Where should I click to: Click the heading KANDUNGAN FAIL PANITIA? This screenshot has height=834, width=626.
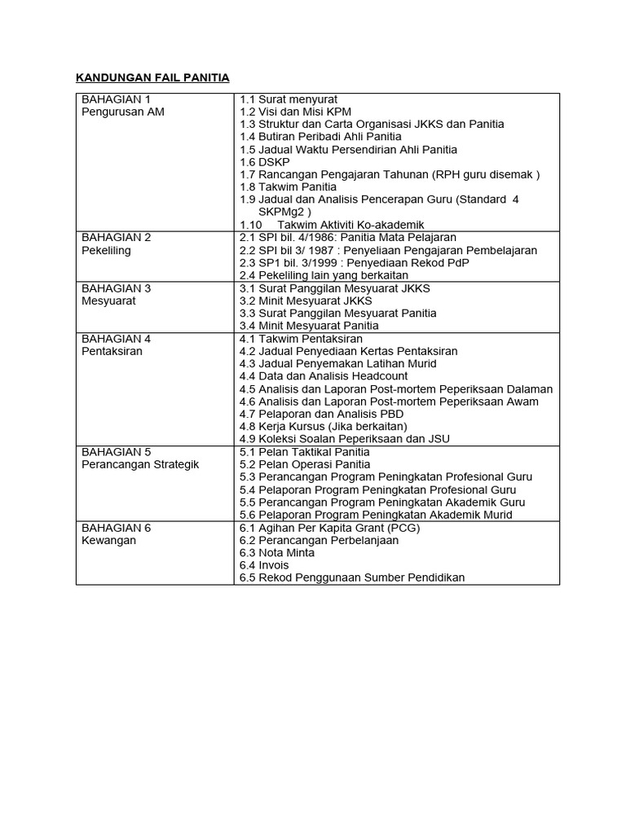tap(152, 77)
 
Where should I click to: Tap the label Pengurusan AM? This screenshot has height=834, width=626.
tap(123, 112)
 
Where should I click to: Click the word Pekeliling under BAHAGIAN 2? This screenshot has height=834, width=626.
tap(106, 250)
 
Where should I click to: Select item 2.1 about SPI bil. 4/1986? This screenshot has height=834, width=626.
tap(348, 237)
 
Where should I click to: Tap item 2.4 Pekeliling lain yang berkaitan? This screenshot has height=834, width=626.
tap(324, 275)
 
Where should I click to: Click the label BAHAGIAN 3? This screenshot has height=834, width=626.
tap(117, 288)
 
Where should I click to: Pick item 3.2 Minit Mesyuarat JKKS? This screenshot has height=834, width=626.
tap(306, 301)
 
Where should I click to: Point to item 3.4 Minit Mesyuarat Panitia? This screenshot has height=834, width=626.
tap(309, 326)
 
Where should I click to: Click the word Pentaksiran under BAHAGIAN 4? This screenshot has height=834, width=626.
tap(112, 351)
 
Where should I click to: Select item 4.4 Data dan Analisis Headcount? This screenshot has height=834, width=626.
tap(324, 376)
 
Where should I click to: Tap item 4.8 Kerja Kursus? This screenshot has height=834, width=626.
tap(323, 426)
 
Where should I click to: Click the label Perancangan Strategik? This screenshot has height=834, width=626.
tap(140, 464)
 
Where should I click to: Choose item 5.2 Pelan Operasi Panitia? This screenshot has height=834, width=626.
tap(305, 464)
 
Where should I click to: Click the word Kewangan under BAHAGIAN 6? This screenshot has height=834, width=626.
tap(108, 540)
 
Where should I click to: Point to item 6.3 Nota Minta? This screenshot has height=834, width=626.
tap(276, 552)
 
